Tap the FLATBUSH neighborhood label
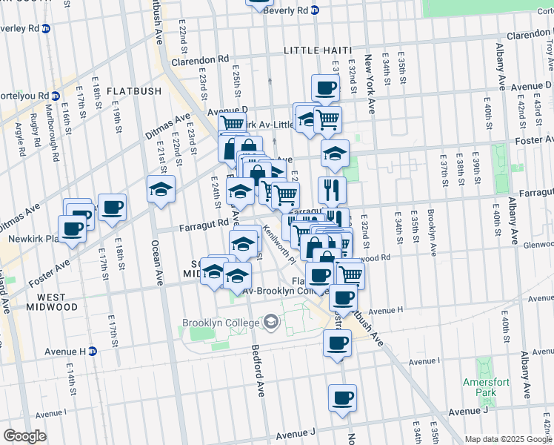pyautogui.click(x=133, y=91)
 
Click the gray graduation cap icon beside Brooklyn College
pyautogui.click(x=271, y=322)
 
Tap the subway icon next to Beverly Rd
pyautogui.click(x=314, y=11)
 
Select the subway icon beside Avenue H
pyautogui.click(x=93, y=351)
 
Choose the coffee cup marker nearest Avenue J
pyautogui.click(x=342, y=398)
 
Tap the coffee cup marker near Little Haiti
pyautogui.click(x=325, y=88)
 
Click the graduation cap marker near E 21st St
pyautogui.click(x=161, y=189)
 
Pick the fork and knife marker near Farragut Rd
pyautogui.click(x=332, y=190)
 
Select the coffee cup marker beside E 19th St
pyautogui.click(x=112, y=208)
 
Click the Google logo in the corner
pyautogui.click(x=24, y=436)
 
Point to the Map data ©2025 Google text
pyautogui.click(x=507, y=439)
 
